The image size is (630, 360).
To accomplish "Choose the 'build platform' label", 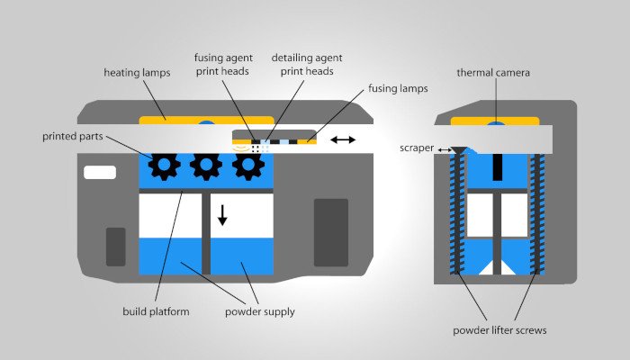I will [x=155, y=312].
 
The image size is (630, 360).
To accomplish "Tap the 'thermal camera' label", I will [x=494, y=73].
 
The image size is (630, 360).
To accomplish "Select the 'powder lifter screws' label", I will [x=501, y=330].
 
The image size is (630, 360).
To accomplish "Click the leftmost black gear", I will [x=164, y=166].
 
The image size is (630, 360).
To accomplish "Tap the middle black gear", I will [x=206, y=166].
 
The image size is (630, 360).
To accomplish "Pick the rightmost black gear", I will [x=248, y=166].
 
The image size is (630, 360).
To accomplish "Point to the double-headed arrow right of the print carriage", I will [x=342, y=139].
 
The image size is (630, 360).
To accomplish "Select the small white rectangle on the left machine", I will [x=99, y=172].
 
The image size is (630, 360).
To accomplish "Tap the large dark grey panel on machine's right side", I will [x=330, y=232].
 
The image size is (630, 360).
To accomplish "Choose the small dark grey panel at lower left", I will [x=116, y=247].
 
